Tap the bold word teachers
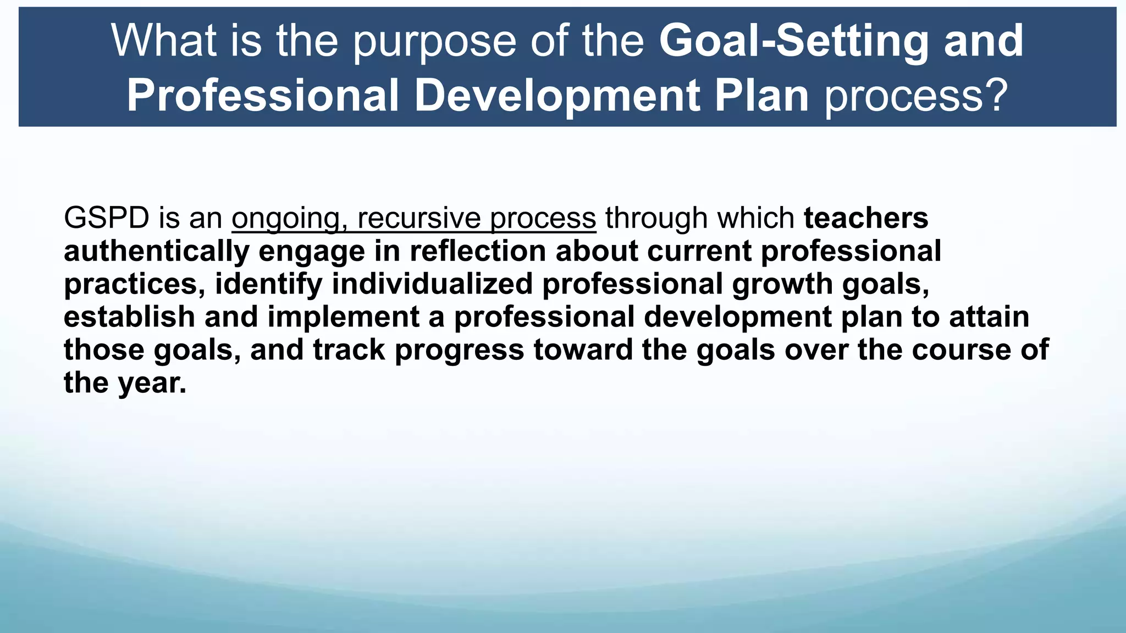click(x=866, y=218)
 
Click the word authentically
click(x=157, y=252)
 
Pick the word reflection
click(x=478, y=251)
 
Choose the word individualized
click(x=432, y=284)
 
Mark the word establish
click(x=129, y=317)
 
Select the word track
click(x=349, y=350)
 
